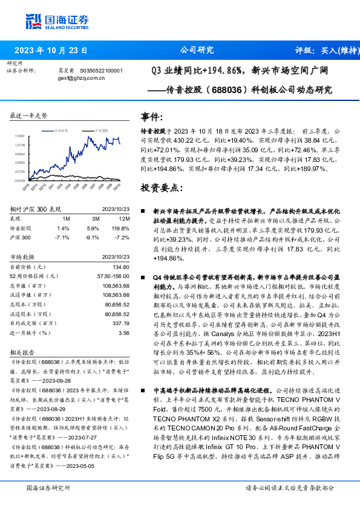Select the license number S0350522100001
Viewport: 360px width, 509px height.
pyautogui.click(x=101, y=70)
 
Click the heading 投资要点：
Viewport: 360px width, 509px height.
pyautogui.click(x=161, y=187)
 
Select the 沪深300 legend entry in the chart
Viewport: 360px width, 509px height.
pyautogui.click(x=100, y=129)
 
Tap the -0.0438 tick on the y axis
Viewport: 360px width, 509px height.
pyautogui.click(x=20, y=180)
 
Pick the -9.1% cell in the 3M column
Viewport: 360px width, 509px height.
pyautogui.click(x=93, y=238)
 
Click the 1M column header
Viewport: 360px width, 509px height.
pyautogui.click(x=66, y=219)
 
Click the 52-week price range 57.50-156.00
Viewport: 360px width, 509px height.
pyautogui.click(x=114, y=275)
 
